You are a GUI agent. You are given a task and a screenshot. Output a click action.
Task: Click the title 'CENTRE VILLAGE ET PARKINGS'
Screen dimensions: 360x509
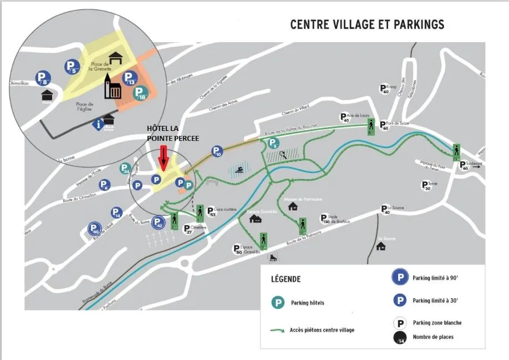click(x=367, y=25)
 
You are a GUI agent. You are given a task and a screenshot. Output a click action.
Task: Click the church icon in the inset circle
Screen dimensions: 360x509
click(x=113, y=88)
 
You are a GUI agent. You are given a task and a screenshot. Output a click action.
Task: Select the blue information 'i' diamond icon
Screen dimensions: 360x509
click(x=99, y=124)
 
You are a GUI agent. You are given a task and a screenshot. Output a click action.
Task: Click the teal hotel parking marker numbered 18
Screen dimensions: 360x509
click(x=141, y=93)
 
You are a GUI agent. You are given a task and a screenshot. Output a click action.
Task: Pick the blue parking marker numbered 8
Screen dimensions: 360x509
click(x=43, y=78)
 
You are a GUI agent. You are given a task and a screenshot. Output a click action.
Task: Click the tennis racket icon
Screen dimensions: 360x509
click(x=283, y=155)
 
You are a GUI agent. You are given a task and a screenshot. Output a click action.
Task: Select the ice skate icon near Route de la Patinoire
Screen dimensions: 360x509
click(x=272, y=257)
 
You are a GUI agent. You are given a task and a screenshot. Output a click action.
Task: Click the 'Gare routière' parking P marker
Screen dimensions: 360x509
click(x=211, y=211)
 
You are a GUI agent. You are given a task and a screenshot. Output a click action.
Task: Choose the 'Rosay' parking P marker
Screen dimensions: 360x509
click(x=383, y=88)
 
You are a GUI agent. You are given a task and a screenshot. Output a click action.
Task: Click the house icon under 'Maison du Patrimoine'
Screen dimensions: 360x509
click(x=293, y=206)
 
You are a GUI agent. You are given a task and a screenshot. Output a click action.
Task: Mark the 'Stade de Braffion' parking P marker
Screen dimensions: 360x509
click(x=324, y=219)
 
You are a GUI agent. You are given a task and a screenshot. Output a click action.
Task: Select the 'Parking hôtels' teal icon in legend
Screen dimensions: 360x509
click(x=278, y=303)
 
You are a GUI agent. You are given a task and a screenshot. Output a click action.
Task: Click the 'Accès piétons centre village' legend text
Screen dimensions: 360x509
click(x=322, y=330)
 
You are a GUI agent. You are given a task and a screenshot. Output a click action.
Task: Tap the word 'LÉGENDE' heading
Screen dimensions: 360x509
click(x=286, y=279)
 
